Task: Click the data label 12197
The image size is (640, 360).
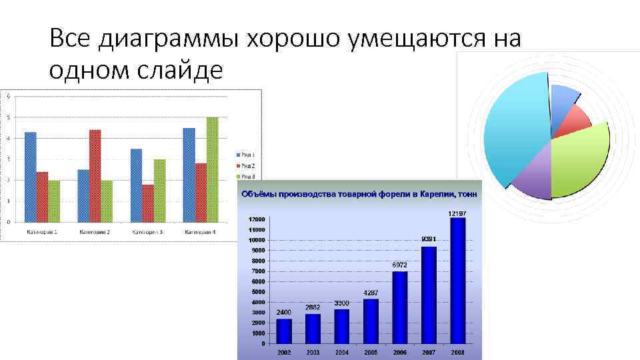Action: pos(457,212)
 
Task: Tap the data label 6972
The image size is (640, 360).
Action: pos(399,265)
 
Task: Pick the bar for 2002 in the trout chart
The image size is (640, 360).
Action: pos(284,329)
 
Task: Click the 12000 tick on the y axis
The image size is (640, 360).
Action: pos(257,219)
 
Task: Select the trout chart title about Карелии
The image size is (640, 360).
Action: pos(358,194)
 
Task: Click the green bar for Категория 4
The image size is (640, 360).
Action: pos(212,169)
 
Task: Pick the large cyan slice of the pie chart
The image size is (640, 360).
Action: pos(513,127)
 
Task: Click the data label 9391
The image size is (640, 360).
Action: pos(429,239)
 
